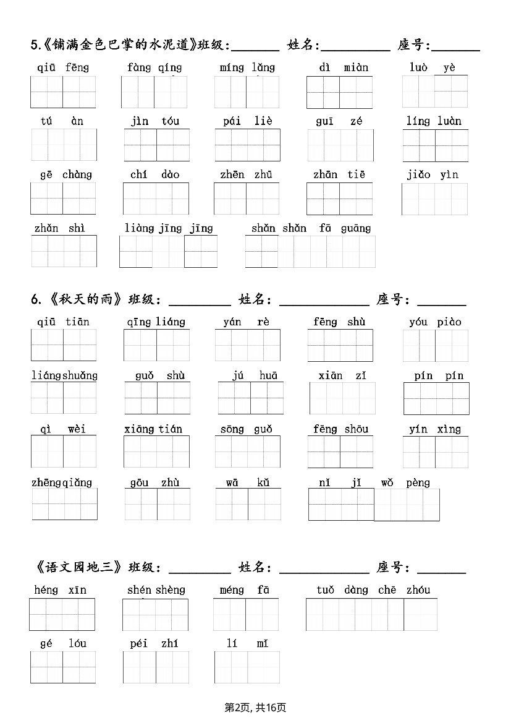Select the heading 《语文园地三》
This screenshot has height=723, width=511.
click(78, 568)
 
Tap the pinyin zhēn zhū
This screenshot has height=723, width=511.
click(246, 175)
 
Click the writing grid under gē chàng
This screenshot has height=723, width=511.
click(63, 199)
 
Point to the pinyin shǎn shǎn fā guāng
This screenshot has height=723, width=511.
click(311, 229)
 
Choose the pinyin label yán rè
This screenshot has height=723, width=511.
click(246, 322)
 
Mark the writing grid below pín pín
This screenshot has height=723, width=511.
click(436, 398)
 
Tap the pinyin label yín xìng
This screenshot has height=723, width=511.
click(434, 429)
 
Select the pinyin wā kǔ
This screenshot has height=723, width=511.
click(247, 483)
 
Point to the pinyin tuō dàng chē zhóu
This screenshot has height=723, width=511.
click(373, 590)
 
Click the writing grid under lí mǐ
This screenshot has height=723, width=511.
click(247, 667)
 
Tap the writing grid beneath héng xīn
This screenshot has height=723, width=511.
click(62, 614)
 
